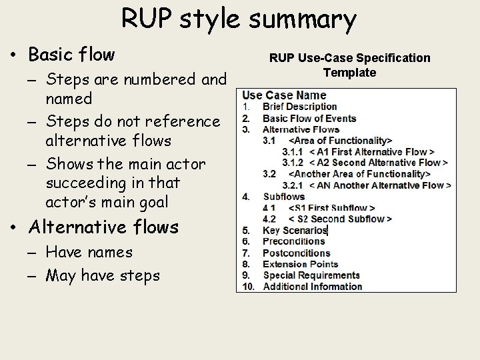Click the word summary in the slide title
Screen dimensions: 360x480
point(303,20)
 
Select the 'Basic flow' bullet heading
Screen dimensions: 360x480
point(71,54)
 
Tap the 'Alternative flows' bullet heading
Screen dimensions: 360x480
point(103,227)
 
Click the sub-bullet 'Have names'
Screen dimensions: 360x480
point(89,253)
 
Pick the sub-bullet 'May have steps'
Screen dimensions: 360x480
point(103,275)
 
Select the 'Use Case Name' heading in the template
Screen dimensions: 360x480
point(284,95)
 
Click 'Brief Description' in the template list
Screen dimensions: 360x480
point(299,107)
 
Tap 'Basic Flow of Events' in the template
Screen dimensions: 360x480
point(309,119)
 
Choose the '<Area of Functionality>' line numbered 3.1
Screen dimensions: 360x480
point(340,141)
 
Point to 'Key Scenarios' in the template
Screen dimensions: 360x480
point(295,231)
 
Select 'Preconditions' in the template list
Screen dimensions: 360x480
point(294,241)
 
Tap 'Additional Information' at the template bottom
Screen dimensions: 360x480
point(312,287)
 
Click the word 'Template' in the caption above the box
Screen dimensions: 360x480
point(349,73)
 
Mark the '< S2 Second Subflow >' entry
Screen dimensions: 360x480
point(340,219)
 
